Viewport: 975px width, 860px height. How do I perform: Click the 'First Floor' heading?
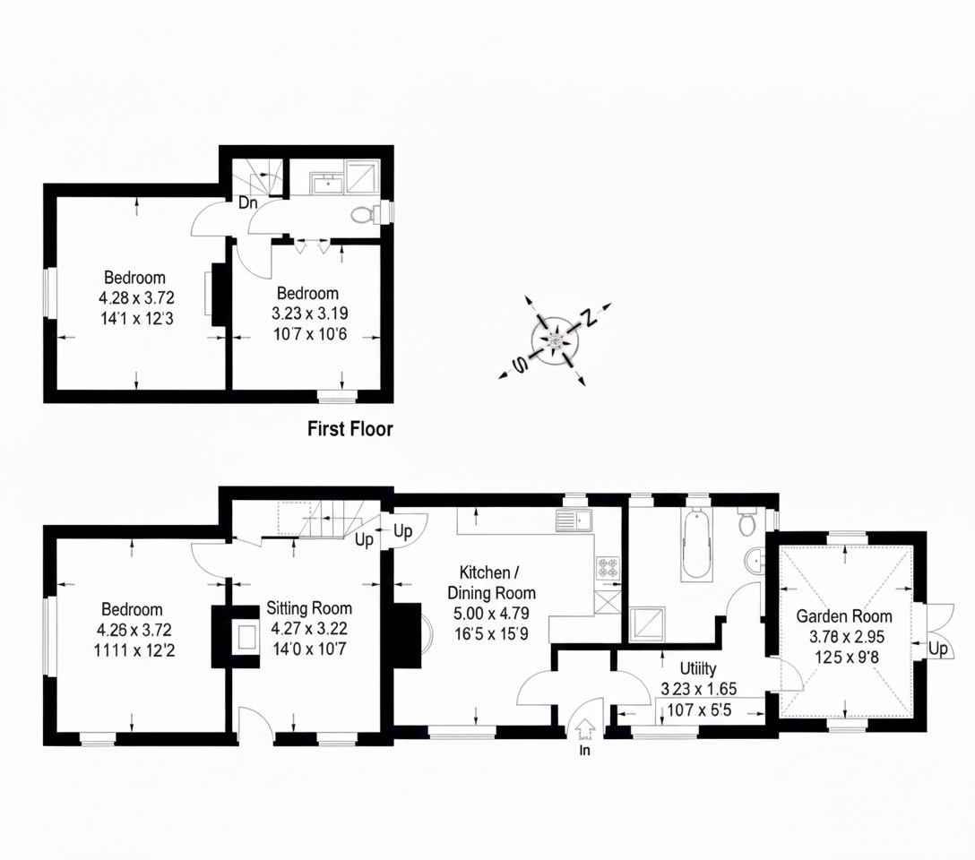[x=350, y=429]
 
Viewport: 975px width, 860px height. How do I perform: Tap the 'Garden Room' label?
[x=844, y=616]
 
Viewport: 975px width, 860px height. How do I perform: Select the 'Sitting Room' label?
[x=309, y=608]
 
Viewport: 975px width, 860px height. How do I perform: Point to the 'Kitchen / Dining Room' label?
[x=491, y=582]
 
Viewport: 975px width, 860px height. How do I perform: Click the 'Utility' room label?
[x=698, y=668]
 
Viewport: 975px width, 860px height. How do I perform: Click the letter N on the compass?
[x=588, y=317]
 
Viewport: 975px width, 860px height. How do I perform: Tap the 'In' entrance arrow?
[x=584, y=727]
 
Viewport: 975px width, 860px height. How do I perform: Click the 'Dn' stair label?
[x=248, y=202]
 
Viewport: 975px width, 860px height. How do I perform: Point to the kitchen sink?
[x=574, y=520]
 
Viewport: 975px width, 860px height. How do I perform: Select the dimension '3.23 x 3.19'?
[x=310, y=314]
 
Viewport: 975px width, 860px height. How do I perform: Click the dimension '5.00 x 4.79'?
[x=491, y=614]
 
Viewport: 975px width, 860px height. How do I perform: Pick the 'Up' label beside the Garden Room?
[x=938, y=649]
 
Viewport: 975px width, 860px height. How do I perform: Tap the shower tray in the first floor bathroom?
[x=362, y=177]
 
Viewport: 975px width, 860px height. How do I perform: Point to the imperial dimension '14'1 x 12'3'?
[x=137, y=319]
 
